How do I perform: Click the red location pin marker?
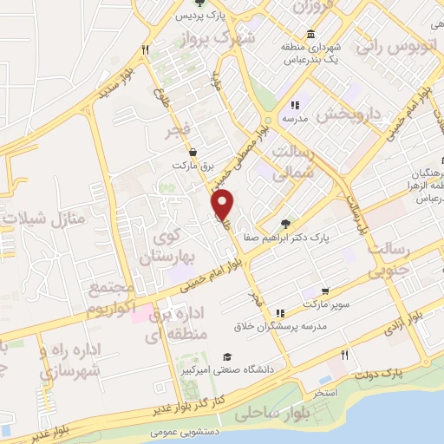224,205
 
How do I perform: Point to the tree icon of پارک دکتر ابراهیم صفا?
286,222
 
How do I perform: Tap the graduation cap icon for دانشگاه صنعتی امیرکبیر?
227,356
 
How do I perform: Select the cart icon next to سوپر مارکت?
324,291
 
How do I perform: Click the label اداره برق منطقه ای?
179,321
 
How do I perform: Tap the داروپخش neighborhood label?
349,113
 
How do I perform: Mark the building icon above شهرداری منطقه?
310,34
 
